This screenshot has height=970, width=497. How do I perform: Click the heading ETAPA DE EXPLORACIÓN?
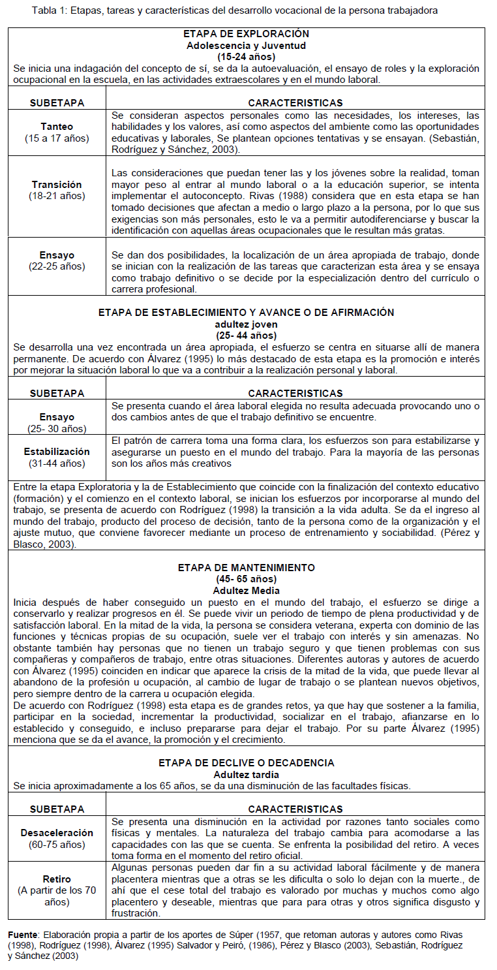(x=246, y=34)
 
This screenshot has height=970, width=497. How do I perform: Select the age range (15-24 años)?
(x=246, y=57)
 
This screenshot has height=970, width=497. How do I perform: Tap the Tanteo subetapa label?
(x=57, y=127)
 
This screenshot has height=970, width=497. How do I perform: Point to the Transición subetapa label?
(x=57, y=185)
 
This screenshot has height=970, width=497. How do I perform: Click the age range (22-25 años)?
(x=57, y=266)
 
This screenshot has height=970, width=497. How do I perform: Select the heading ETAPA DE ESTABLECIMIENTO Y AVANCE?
(x=246, y=313)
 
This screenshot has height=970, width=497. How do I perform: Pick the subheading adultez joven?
(x=246, y=324)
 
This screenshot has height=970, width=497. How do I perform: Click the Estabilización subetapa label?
(x=57, y=452)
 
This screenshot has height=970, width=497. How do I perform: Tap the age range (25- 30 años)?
(x=57, y=428)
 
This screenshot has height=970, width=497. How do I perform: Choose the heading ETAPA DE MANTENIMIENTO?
(x=246, y=568)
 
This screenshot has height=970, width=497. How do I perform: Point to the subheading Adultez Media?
(x=246, y=590)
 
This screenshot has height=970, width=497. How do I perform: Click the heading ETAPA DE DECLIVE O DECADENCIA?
(x=246, y=762)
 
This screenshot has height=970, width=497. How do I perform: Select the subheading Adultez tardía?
(x=246, y=774)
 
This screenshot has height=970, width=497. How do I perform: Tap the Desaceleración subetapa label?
(x=57, y=833)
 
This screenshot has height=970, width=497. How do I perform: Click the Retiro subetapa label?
(x=57, y=879)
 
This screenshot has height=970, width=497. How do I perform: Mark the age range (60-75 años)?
(x=57, y=845)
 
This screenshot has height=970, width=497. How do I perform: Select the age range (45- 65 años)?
(x=246, y=579)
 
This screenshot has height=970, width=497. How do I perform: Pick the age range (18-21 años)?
(x=57, y=196)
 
